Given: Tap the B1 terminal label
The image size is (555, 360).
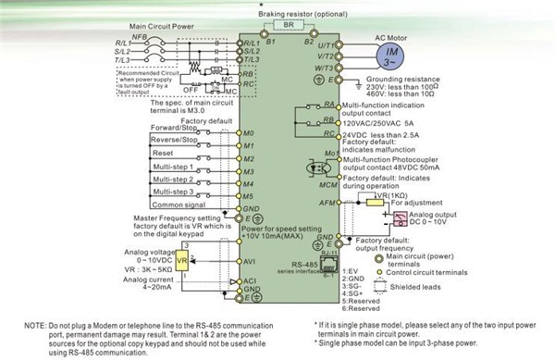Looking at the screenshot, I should [245, 43].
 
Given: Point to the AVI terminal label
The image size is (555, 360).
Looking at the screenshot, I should [249, 261].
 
